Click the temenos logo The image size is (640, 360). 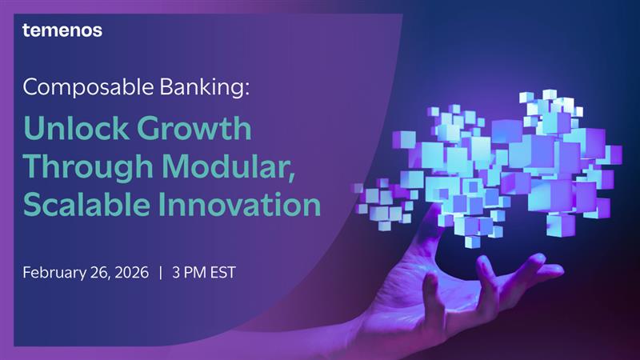point(62,30)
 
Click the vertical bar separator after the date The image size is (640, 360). point(161,273)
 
